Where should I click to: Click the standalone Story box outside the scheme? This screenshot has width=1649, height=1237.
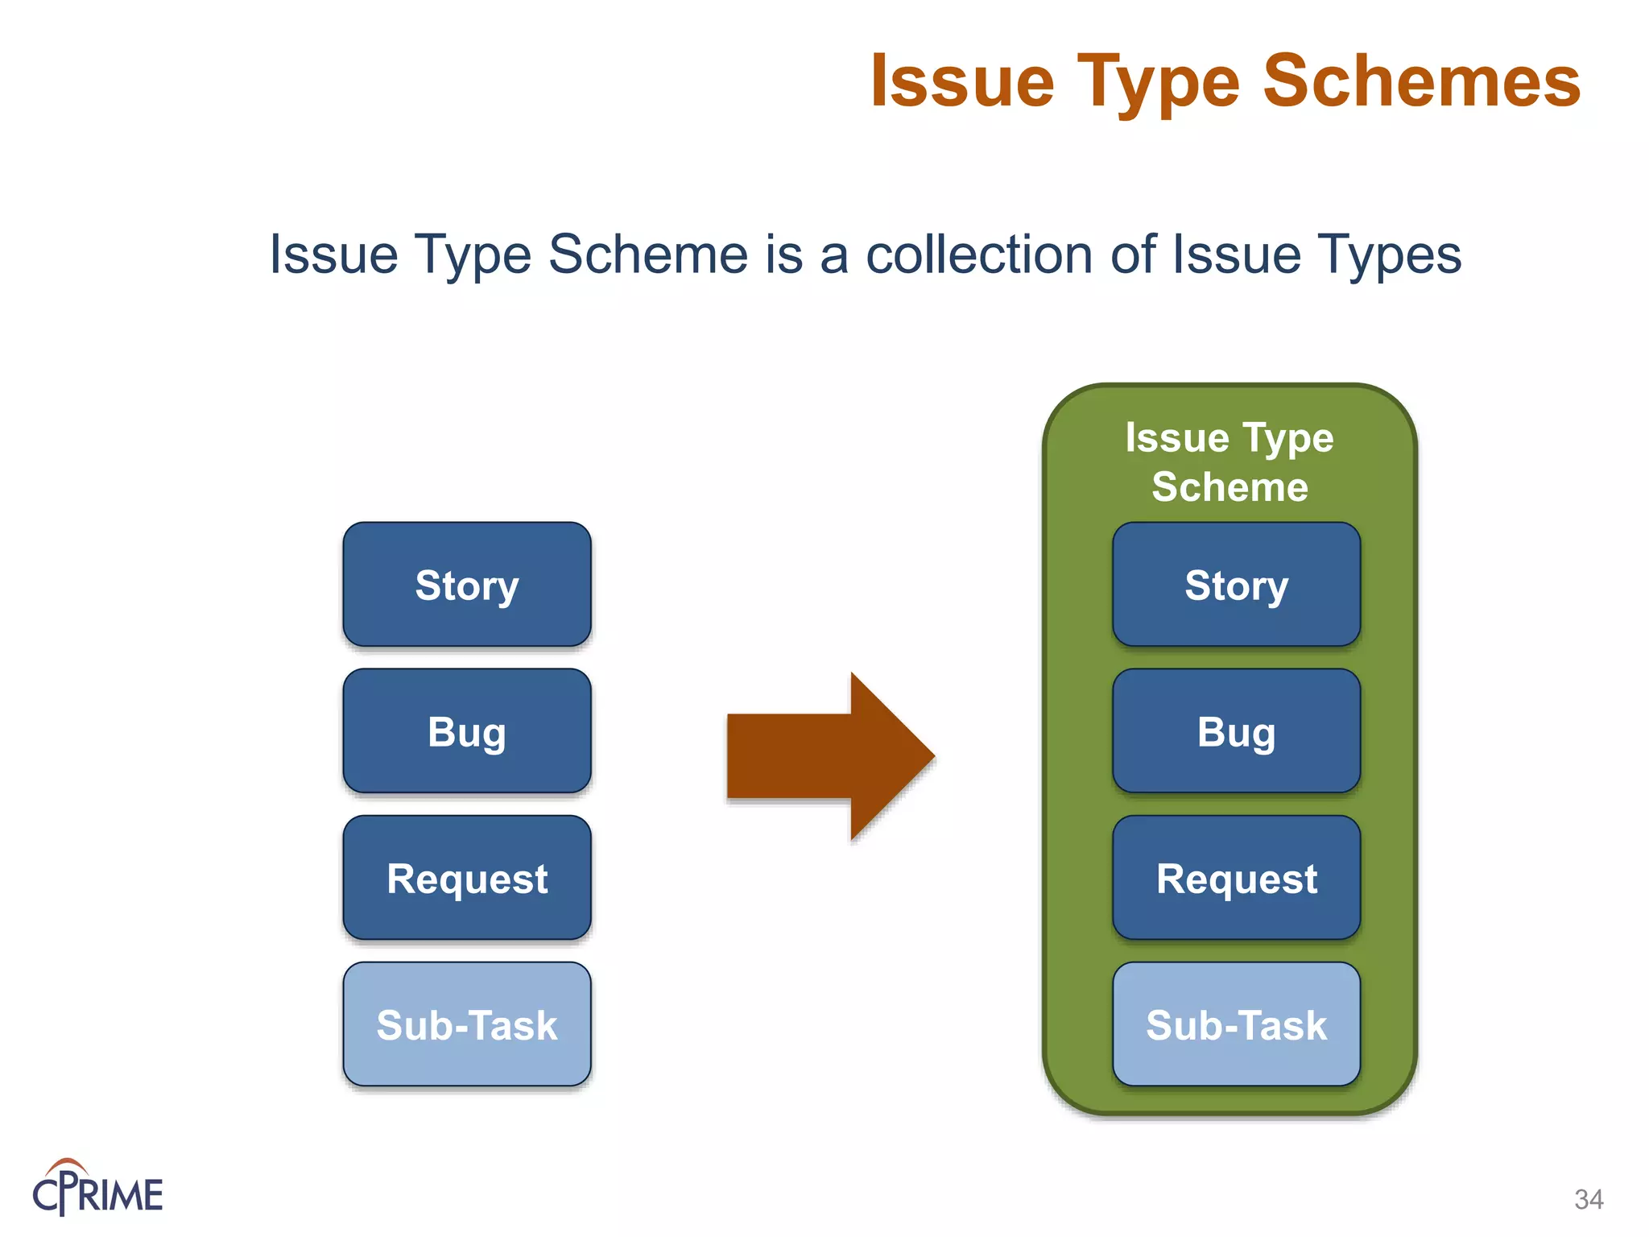pyautogui.click(x=467, y=585)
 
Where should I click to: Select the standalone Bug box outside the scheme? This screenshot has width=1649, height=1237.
pyautogui.click(x=467, y=731)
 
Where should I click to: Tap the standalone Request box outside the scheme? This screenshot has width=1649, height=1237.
pyautogui.click(x=467, y=878)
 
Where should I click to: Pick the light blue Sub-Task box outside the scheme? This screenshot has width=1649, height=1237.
pyautogui.click(x=467, y=1024)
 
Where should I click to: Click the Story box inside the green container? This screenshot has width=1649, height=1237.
pyautogui.click(x=1236, y=585)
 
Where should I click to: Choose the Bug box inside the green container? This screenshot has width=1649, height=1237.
pyautogui.click(x=1236, y=731)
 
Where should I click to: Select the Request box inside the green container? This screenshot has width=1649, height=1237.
pyautogui.click(x=1236, y=878)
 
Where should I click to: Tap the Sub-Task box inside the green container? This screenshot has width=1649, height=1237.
pyautogui.click(x=1236, y=1024)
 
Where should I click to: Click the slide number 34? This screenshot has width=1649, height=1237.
pyautogui.click(x=1589, y=1199)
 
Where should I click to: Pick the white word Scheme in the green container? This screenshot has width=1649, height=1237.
pyautogui.click(x=1230, y=486)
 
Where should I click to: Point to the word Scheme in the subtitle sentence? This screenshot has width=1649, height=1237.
pyautogui.click(x=649, y=254)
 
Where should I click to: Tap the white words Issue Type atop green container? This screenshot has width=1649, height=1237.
pyautogui.click(x=1230, y=438)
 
